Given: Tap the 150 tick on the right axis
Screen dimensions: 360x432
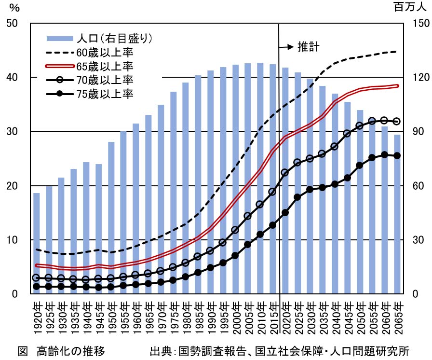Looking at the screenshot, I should click(x=418, y=23).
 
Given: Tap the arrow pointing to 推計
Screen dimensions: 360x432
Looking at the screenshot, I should click(x=286, y=47).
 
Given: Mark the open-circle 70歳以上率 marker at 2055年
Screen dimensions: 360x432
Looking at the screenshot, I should click(x=372, y=121).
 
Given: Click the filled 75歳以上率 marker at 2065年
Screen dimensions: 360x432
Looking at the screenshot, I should click(x=397, y=155).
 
